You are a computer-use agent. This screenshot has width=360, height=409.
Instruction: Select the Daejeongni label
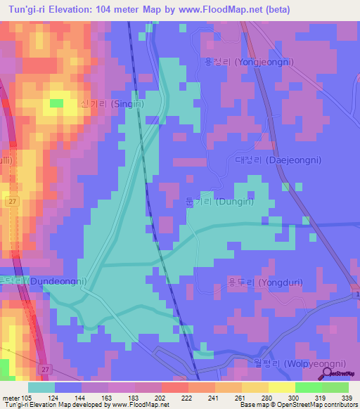pyautogui.click(x=278, y=160)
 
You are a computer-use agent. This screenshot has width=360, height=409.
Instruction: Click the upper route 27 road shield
pyautogui.click(x=13, y=202)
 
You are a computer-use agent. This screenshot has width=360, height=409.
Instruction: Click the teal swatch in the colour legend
pyautogui.click(x=41, y=387)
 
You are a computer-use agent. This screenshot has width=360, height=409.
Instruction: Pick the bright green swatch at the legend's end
pyautogui.click(x=335, y=387)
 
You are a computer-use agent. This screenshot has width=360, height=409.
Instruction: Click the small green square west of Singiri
pyautogui.click(x=56, y=103)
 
